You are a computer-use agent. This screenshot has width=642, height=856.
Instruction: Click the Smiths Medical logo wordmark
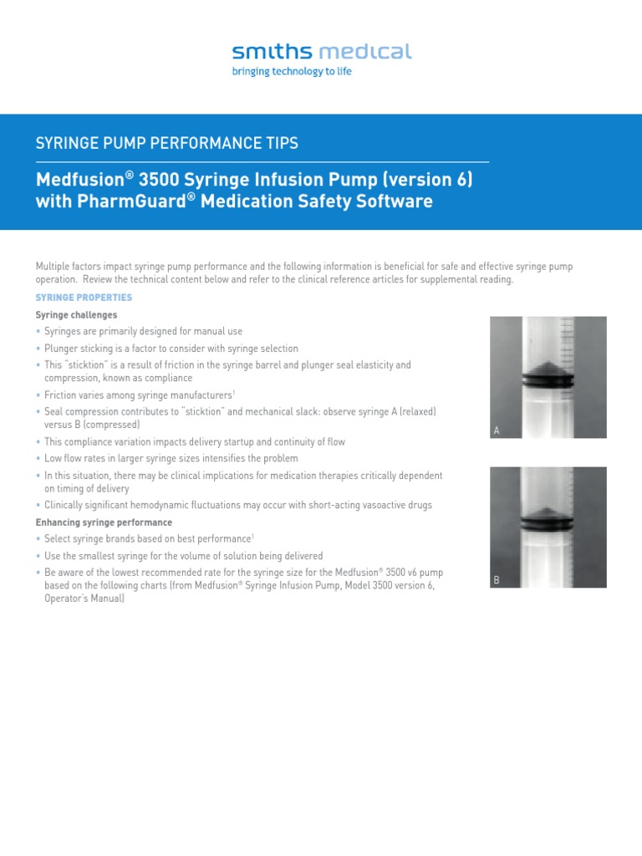[x=322, y=52]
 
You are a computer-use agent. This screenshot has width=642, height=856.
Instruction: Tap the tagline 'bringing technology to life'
[x=291, y=72]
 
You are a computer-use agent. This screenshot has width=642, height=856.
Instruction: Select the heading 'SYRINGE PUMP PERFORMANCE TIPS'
[x=166, y=144]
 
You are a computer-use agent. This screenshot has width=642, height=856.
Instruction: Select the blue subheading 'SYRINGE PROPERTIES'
[x=84, y=298]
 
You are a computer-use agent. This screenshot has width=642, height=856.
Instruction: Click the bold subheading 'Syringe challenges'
[x=76, y=315]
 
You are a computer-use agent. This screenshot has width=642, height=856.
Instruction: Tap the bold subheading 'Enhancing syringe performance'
[x=104, y=522]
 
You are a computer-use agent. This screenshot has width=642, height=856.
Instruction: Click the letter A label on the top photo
[x=497, y=431]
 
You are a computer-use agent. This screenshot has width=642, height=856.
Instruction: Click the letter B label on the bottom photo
[x=497, y=579]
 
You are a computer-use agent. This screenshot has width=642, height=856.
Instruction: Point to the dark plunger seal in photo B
[x=547, y=525]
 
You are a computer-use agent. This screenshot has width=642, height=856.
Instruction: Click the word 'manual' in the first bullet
[x=211, y=332]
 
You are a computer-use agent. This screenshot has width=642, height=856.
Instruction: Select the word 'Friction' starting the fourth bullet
[x=61, y=395]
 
